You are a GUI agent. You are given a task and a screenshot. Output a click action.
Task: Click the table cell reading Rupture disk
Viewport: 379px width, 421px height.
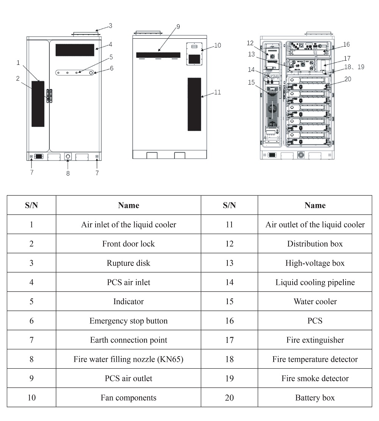click(128, 263)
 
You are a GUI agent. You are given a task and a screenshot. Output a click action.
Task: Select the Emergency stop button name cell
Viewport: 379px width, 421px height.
click(128, 320)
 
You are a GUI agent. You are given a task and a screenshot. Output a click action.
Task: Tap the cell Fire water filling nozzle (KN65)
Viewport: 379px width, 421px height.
click(128, 359)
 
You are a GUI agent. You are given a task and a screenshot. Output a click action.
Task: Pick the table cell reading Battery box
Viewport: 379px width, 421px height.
click(315, 397)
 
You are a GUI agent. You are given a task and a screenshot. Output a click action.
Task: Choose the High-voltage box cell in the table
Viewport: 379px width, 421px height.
click(315, 263)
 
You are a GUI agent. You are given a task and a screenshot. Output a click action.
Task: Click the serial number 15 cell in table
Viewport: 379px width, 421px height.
click(229, 302)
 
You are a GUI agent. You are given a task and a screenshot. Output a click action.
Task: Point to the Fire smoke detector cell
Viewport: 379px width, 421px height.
click(315, 378)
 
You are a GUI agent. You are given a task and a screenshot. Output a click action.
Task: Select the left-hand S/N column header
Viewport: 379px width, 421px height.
click(31, 205)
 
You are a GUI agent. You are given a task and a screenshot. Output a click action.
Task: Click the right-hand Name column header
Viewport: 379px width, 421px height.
click(315, 205)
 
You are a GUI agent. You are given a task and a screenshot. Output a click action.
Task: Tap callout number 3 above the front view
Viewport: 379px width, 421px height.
click(110, 26)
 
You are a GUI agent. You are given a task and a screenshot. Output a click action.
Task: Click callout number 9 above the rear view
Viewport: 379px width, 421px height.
click(178, 27)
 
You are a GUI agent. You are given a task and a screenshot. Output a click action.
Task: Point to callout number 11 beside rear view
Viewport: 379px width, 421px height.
click(217, 92)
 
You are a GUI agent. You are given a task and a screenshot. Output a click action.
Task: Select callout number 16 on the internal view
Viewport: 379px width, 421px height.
click(346, 44)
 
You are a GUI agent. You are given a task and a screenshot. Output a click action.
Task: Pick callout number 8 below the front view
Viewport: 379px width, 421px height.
click(68, 173)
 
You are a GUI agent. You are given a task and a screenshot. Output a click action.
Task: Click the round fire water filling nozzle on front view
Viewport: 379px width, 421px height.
click(68, 156)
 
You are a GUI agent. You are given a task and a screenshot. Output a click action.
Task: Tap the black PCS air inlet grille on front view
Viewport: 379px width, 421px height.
click(75, 50)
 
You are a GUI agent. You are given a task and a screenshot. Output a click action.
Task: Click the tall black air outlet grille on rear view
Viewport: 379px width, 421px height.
click(194, 104)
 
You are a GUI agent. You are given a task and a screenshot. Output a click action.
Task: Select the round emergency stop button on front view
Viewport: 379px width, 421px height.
click(91, 72)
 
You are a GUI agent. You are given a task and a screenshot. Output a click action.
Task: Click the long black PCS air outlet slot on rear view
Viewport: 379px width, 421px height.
click(158, 55)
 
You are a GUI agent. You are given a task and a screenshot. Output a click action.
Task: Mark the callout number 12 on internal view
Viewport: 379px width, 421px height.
click(249, 42)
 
